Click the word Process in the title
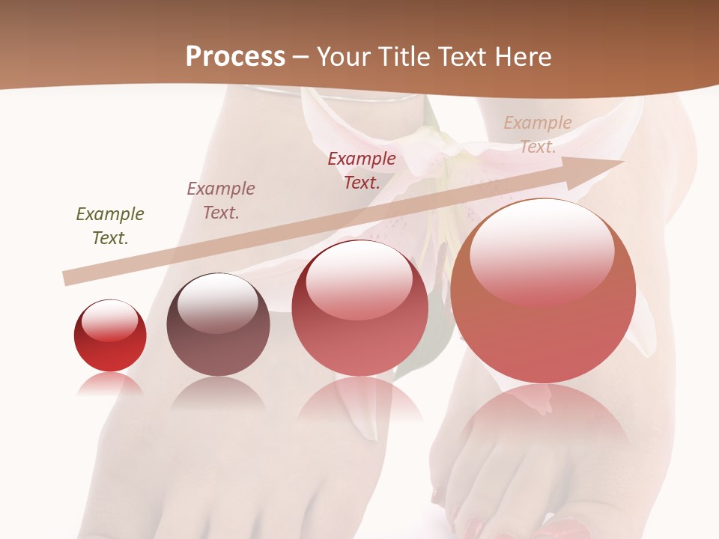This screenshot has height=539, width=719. point(235,56)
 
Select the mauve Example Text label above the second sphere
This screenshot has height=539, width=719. point(221,201)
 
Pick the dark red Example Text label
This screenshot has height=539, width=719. point(362,170)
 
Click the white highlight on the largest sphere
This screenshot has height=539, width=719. point(541,251)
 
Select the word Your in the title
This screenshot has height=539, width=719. point(345,56)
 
